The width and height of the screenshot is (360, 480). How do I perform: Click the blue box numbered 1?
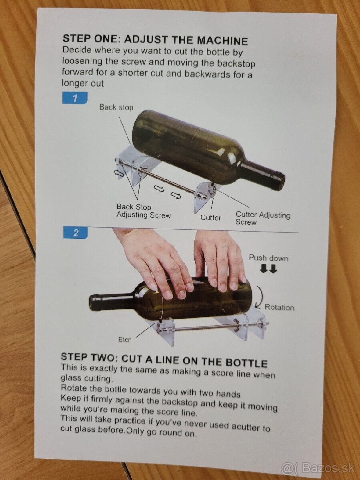[x=75, y=98]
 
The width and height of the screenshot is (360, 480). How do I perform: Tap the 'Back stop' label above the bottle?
[x=116, y=107]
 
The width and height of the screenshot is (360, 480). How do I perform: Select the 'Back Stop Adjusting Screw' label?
[x=143, y=211]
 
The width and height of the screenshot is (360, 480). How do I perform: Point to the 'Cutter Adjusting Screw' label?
[x=263, y=218]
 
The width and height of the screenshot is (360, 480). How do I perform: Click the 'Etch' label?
[x=125, y=340]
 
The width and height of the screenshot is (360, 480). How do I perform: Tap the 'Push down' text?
[x=268, y=258]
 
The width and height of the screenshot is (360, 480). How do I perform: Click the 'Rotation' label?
[x=279, y=307]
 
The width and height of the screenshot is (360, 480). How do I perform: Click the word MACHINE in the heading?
[x=222, y=40]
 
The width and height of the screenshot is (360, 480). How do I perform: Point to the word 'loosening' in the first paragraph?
[x=82, y=62]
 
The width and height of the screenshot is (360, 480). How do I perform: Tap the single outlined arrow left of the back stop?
[x=118, y=174]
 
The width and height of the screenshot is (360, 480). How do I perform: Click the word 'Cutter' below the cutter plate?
[x=211, y=218]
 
